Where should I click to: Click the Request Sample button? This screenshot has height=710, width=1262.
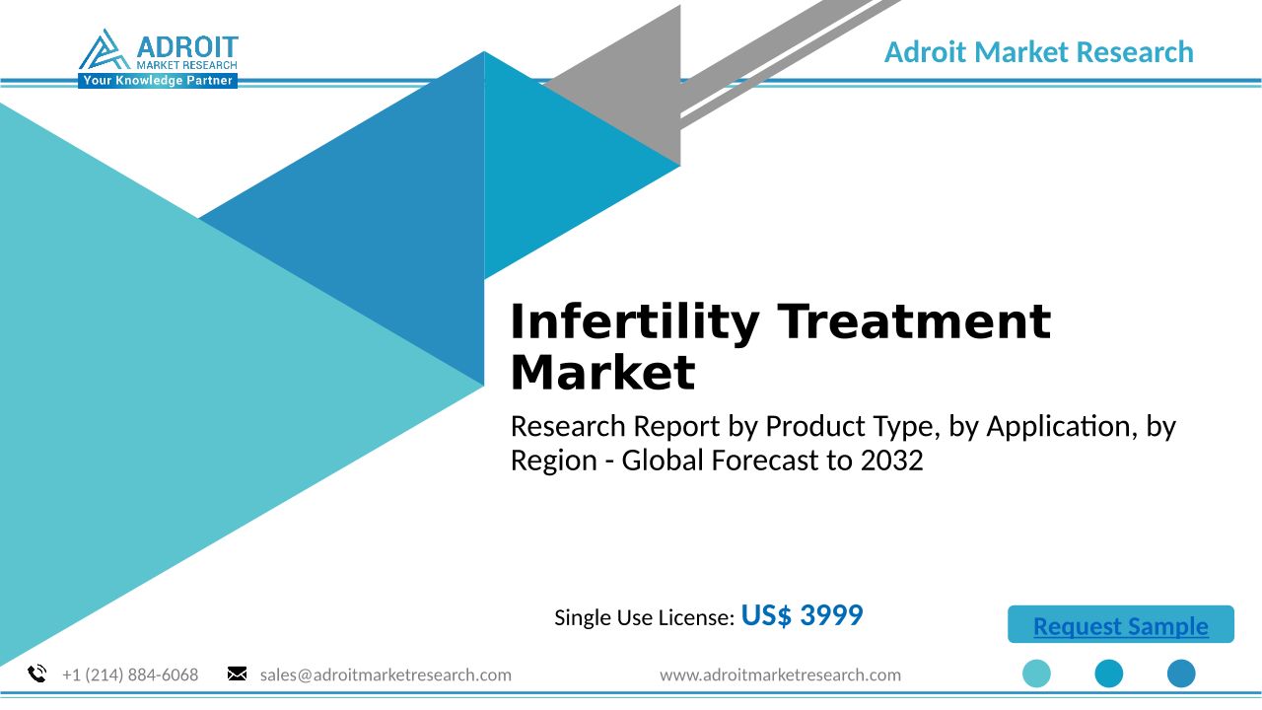point(1121,624)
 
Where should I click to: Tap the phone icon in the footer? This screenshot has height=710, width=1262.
point(37,674)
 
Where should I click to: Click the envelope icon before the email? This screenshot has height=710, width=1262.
point(237,674)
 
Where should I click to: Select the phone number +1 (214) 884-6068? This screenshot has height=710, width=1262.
point(130,674)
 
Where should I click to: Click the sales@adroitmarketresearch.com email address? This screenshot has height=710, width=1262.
point(386,674)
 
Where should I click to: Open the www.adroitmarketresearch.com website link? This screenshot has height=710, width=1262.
point(780,674)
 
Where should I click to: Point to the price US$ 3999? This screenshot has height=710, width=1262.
point(802,614)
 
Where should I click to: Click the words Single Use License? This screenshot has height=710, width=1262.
point(643,618)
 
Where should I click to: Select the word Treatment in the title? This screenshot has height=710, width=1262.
point(914,321)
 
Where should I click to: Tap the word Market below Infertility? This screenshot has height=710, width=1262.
point(602,373)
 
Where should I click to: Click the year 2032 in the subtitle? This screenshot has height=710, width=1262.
point(892,461)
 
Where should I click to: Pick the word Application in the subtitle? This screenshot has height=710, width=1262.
point(1059,427)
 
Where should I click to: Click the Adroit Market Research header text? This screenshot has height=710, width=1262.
point(1039,52)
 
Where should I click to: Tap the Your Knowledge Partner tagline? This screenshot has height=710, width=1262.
point(158,81)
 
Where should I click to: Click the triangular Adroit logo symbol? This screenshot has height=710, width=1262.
point(105,49)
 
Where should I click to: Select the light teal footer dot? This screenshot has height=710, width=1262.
point(1036,674)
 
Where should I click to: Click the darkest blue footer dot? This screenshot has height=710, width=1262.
point(1181,674)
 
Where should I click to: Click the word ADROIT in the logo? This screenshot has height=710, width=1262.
point(187,46)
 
